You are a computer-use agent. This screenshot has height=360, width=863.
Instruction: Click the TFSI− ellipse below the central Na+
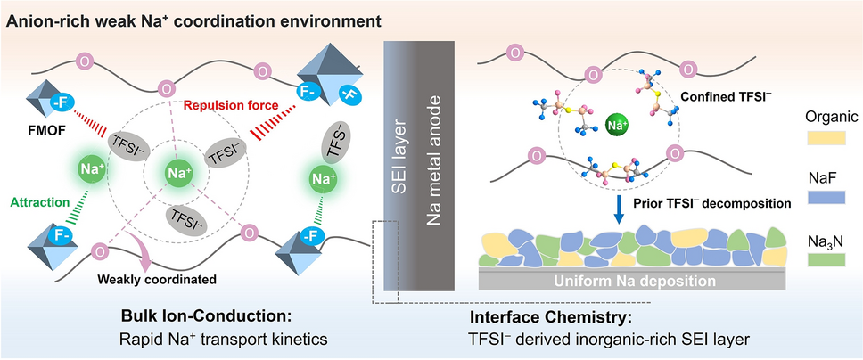(184, 217)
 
